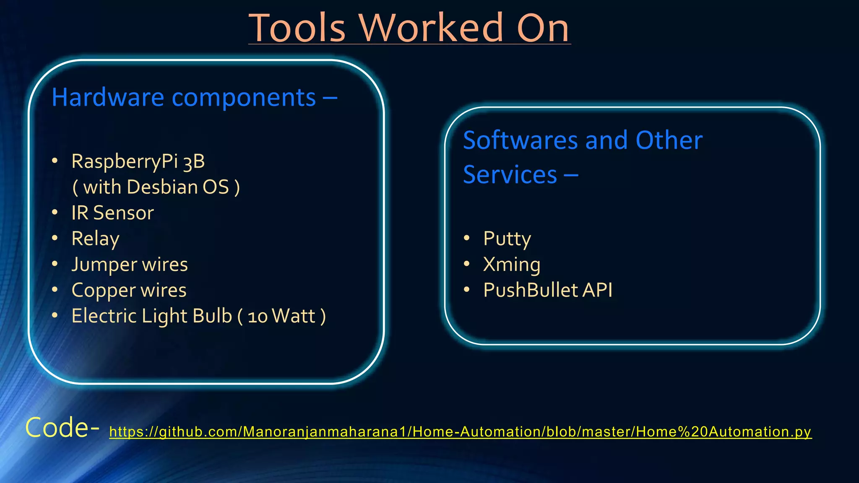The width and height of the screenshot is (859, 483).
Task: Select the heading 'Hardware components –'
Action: click(x=194, y=97)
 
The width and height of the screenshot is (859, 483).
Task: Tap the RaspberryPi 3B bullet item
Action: click(x=138, y=161)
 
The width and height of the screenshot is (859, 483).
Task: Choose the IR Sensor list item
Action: click(x=112, y=213)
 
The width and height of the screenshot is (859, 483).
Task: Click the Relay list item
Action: click(x=96, y=239)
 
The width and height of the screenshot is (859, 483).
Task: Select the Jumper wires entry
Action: click(x=130, y=265)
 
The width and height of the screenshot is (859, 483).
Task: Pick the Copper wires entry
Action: click(x=129, y=290)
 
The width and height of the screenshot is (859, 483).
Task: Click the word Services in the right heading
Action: click(x=510, y=174)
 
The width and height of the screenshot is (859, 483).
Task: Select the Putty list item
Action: click(x=507, y=239)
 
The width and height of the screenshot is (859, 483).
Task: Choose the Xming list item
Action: click(x=512, y=265)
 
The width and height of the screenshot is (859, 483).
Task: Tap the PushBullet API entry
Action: click(x=548, y=290)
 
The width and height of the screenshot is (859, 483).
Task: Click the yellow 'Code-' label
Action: click(x=62, y=428)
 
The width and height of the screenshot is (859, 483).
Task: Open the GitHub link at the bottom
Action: click(x=460, y=431)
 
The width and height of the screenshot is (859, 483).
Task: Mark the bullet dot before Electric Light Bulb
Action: click(x=55, y=316)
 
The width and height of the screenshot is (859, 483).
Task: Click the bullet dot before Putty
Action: click(x=467, y=238)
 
